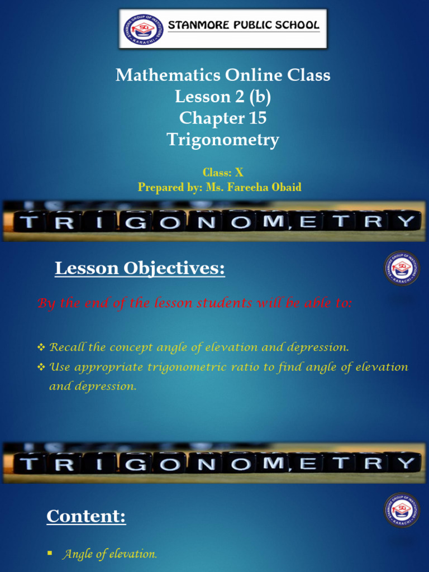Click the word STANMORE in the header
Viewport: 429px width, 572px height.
[196, 25]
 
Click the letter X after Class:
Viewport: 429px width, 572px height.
[239, 173]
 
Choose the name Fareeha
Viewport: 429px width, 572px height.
[250, 187]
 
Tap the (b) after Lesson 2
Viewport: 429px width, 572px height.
[260, 97]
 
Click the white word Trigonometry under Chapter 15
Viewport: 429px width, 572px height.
[223, 140]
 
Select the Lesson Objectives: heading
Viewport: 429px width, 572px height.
[140, 269]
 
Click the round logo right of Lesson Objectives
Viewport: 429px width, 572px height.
[402, 269]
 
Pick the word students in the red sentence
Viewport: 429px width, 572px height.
[217, 303]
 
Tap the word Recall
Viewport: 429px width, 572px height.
[67, 347]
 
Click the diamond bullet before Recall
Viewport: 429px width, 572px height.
[41, 348]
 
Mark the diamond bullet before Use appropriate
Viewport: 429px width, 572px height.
[41, 368]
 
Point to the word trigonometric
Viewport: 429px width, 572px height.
[183, 368]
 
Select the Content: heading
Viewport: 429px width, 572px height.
[87, 517]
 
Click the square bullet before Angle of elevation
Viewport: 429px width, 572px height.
[49, 553]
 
